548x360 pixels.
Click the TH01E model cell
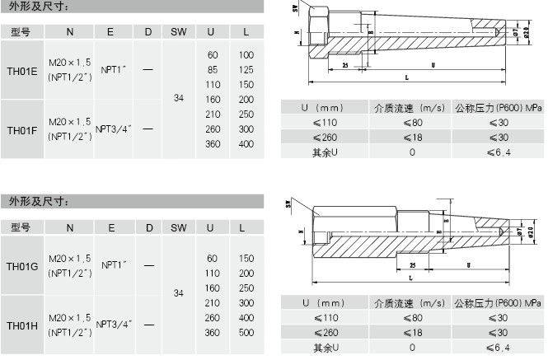coord(21,72)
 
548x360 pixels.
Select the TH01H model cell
coord(22,325)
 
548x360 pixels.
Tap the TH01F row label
coord(21,129)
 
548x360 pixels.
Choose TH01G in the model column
coord(22,266)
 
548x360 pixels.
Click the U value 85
coord(212,69)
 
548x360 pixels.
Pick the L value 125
coord(246,69)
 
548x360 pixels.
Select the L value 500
coord(246,332)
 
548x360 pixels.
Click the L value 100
coord(246,54)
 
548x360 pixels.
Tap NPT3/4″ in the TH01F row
coord(114,129)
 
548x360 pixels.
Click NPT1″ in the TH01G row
coord(114,266)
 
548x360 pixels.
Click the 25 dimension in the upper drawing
coord(344,64)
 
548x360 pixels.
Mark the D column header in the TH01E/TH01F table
coord(148,31)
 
